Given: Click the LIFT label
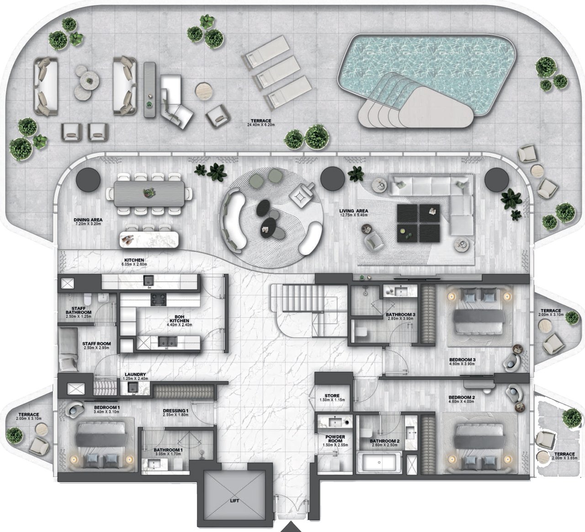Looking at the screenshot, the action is pos(234,500).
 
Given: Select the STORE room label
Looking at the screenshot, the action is pos(332,396).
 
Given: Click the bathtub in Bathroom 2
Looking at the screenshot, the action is pos(378,462).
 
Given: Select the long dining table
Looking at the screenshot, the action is pos(149,194).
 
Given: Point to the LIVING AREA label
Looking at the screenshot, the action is pos(353,211).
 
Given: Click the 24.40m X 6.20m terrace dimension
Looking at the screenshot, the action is pos(261,125).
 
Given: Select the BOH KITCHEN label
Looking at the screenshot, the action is pos(179,319).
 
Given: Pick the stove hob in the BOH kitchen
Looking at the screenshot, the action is pos(158,299).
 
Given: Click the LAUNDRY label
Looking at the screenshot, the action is pos(135,374).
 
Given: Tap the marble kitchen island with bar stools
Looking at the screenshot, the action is pos(149,239).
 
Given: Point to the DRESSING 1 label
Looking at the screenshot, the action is pos(175,411).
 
